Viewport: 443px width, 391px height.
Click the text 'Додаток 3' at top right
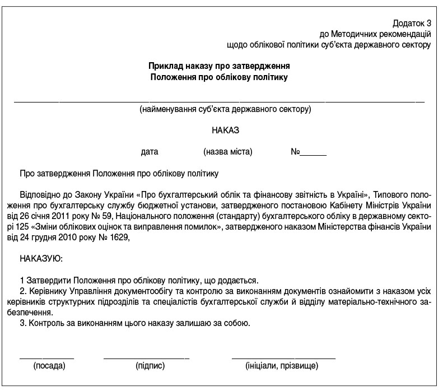[x=412, y=24]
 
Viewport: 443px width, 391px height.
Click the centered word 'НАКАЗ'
[x=225, y=130]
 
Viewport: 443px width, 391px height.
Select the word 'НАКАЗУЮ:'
[x=41, y=259]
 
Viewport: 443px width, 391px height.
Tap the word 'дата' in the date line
[x=150, y=152]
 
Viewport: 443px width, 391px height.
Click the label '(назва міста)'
[x=228, y=152]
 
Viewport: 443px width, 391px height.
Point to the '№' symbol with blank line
[x=295, y=152]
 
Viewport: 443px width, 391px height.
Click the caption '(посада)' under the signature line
[x=50, y=366]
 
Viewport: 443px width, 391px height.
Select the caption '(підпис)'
[x=150, y=366]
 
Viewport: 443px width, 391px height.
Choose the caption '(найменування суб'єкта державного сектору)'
[x=225, y=109]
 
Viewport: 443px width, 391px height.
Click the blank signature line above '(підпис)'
[x=146, y=357]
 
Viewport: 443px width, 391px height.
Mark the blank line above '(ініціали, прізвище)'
[x=283, y=357]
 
